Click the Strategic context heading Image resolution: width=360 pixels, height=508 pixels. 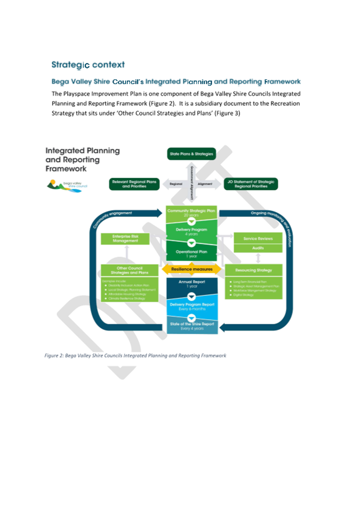(x=88, y=65)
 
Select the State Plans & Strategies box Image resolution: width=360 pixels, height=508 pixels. (x=191, y=154)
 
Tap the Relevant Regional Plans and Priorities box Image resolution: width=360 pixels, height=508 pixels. (x=134, y=184)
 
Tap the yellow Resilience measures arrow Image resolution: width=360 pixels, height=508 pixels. (x=191, y=269)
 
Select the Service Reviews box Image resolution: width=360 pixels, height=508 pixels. (x=258, y=239)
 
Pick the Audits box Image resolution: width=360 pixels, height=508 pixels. (x=258, y=248)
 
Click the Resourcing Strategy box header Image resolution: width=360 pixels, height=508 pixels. (x=258, y=271)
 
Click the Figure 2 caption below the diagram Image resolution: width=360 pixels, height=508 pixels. (x=135, y=355)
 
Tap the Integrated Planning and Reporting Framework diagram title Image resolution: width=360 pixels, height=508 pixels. (x=82, y=159)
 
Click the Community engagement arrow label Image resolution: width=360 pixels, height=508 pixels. (x=114, y=215)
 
